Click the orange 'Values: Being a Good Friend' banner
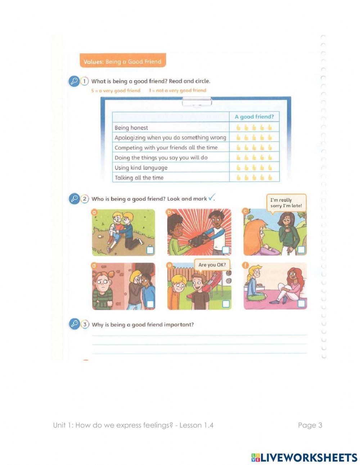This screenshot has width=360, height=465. click(122, 62)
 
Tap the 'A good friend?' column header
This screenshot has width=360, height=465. click(254, 117)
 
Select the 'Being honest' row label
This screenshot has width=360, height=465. click(131, 128)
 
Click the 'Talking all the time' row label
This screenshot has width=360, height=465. click(139, 178)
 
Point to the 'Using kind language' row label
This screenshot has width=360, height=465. click(141, 167)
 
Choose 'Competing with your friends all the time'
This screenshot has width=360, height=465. click(166, 148)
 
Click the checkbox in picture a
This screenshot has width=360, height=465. click(150, 250)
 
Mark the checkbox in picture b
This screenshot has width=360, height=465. click(226, 250)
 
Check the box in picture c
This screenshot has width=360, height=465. click(301, 250)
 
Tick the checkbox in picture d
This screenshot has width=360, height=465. click(150, 304)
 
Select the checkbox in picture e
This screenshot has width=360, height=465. click(226, 304)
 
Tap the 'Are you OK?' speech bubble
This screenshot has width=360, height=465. click(212, 265)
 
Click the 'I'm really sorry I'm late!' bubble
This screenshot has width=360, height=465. click(286, 203)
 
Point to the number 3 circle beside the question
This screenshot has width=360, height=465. click(85, 324)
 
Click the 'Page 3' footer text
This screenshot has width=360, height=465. click(310, 425)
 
